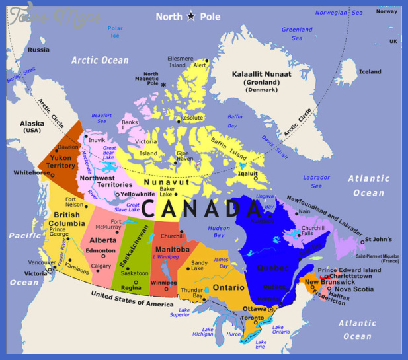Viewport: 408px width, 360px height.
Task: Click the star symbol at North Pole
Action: point(192,16)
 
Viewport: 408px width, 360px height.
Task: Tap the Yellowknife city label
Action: point(140,194)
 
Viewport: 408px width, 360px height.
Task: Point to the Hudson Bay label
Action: point(219,231)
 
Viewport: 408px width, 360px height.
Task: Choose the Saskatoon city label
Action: point(134,273)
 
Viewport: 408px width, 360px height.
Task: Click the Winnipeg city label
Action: point(164,283)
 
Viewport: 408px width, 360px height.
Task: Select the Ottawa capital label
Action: point(254,308)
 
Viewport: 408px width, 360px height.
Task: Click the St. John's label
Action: point(378,239)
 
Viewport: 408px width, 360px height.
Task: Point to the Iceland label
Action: point(370,71)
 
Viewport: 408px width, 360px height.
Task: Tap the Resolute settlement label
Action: point(192,118)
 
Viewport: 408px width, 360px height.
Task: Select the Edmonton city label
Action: point(101,251)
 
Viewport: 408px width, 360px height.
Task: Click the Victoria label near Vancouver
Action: point(36,273)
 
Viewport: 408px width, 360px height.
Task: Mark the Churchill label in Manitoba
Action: point(173,236)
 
